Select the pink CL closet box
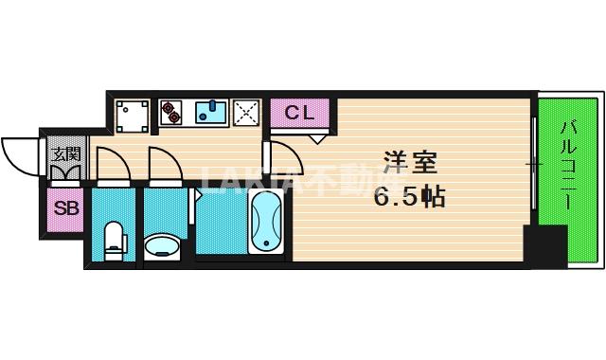click(299, 114)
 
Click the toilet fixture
click(115, 240)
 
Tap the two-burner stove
click(172, 113)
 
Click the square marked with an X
click(247, 113)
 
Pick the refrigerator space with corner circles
click(132, 115)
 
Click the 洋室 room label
click(410, 163)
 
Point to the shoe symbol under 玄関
click(64, 172)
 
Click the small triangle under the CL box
click(317, 139)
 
